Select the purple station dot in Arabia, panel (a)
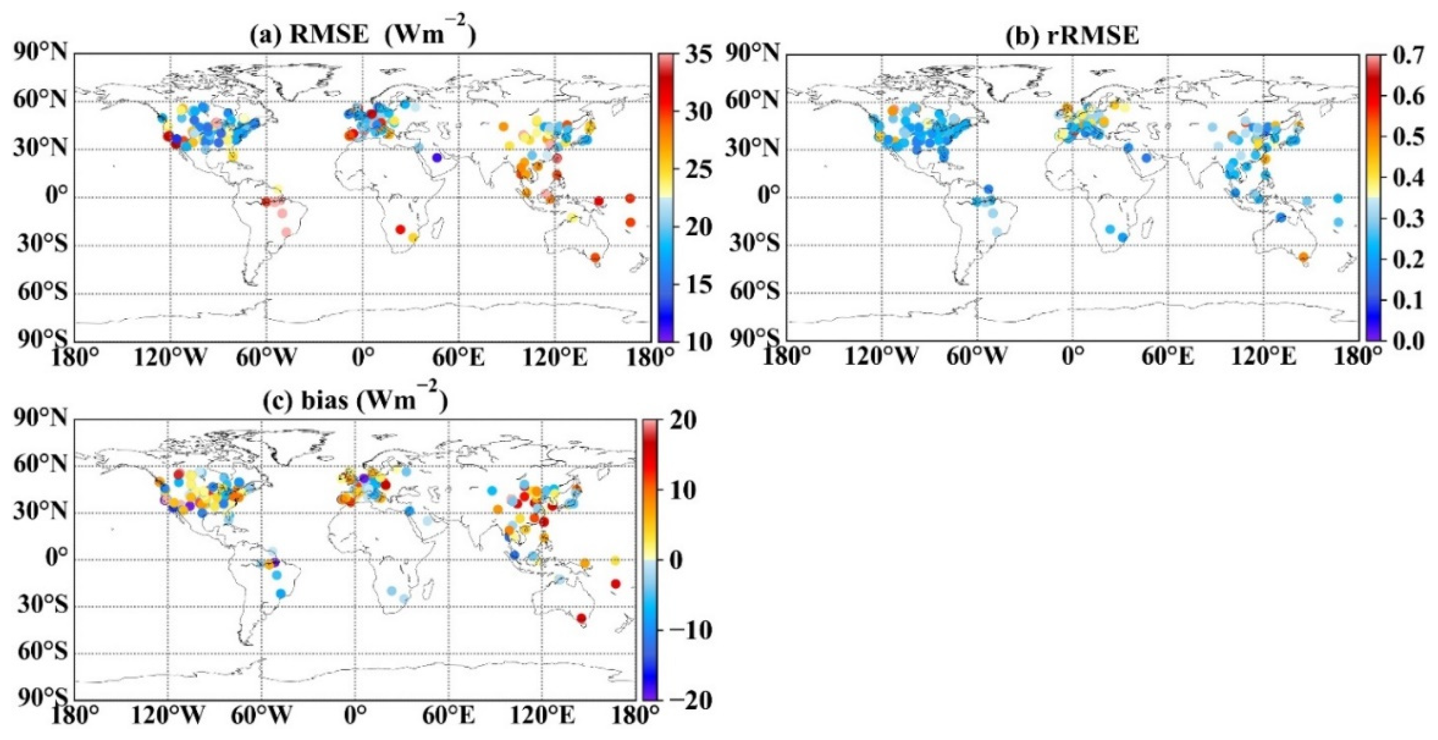click(437, 158)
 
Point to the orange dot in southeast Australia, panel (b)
click(1303, 257)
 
